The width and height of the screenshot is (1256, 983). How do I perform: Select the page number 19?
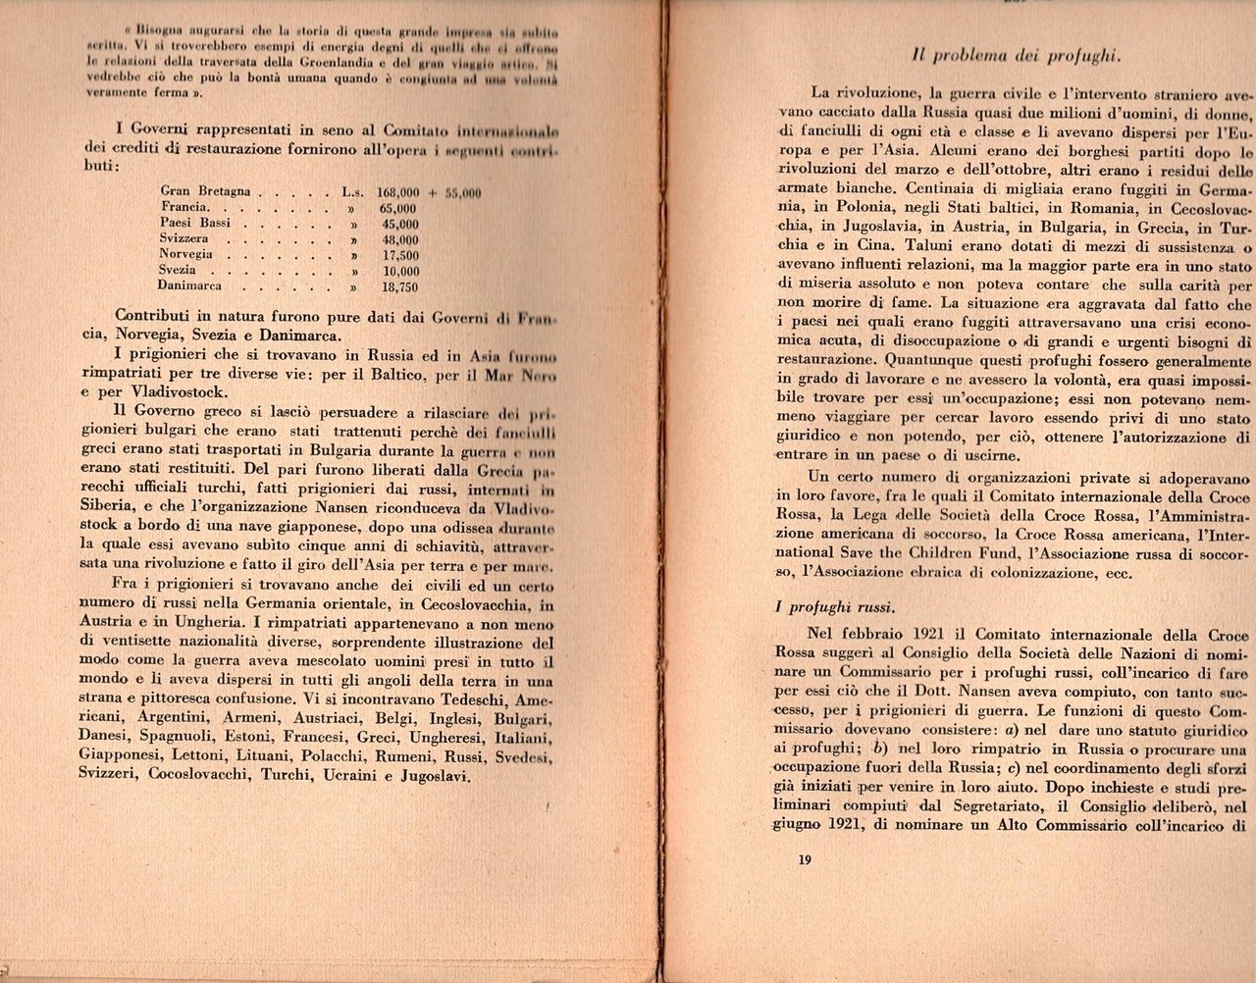point(804,860)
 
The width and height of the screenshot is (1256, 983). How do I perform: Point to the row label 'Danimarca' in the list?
point(190,286)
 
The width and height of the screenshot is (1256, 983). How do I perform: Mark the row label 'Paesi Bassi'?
point(195,224)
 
